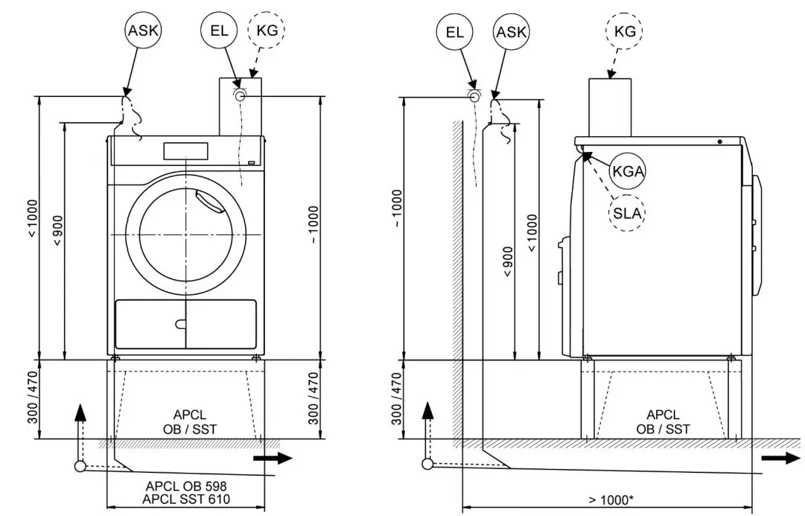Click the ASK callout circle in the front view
[143, 31]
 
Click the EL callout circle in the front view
[218, 31]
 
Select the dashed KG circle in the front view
[266, 31]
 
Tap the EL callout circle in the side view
[455, 31]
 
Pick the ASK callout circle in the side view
[511, 31]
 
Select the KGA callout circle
[628, 171]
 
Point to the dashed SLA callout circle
[628, 213]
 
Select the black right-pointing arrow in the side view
[782, 458]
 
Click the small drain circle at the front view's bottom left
[79, 467]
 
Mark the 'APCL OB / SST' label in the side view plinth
[662, 422]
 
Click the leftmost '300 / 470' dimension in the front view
[34, 398]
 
